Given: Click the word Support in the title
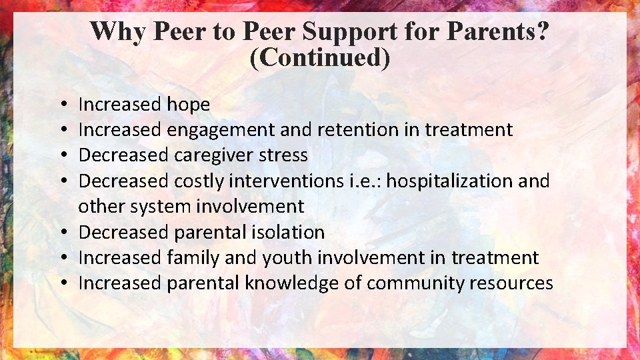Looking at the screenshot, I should (x=375, y=31).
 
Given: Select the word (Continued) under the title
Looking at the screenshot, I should (x=319, y=57).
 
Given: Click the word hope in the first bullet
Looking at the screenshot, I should (x=188, y=105).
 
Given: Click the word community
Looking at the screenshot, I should (x=407, y=283).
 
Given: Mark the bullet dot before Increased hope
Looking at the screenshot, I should (x=61, y=105).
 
